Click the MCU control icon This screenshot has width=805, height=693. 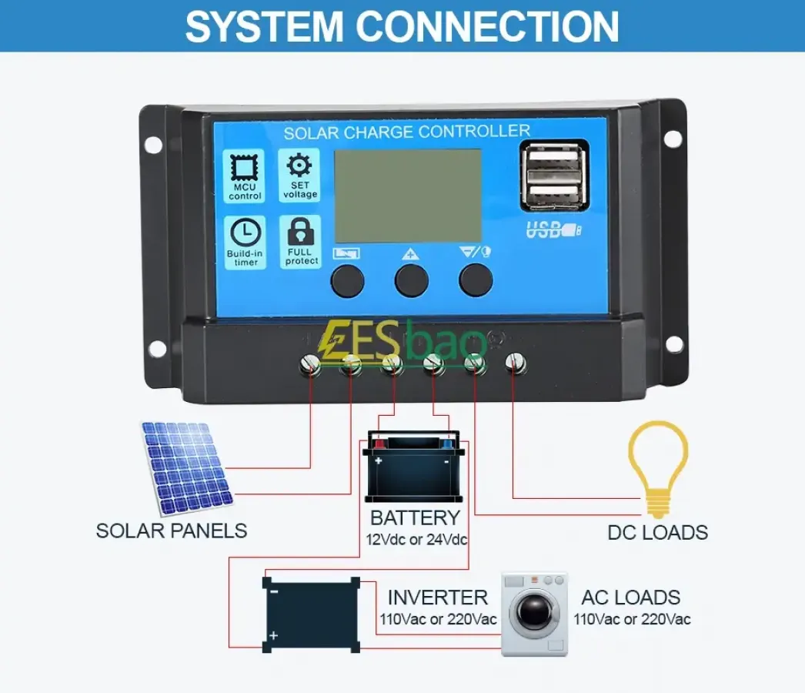[245, 168]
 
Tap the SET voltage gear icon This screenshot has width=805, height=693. [299, 166]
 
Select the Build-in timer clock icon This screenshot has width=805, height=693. [246, 233]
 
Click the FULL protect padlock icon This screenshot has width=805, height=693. [301, 231]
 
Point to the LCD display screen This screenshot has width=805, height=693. [408, 196]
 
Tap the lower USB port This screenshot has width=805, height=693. [554, 193]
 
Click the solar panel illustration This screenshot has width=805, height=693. [187, 468]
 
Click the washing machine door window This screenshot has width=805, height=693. [534, 611]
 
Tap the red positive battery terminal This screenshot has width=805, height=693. [379, 444]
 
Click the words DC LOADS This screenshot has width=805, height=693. [658, 533]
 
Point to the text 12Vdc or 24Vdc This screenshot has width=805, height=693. [416, 540]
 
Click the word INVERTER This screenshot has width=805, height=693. [437, 598]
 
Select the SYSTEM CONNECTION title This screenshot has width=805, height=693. [402, 27]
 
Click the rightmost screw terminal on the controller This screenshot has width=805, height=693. [515, 363]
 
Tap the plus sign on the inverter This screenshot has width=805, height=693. [274, 635]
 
